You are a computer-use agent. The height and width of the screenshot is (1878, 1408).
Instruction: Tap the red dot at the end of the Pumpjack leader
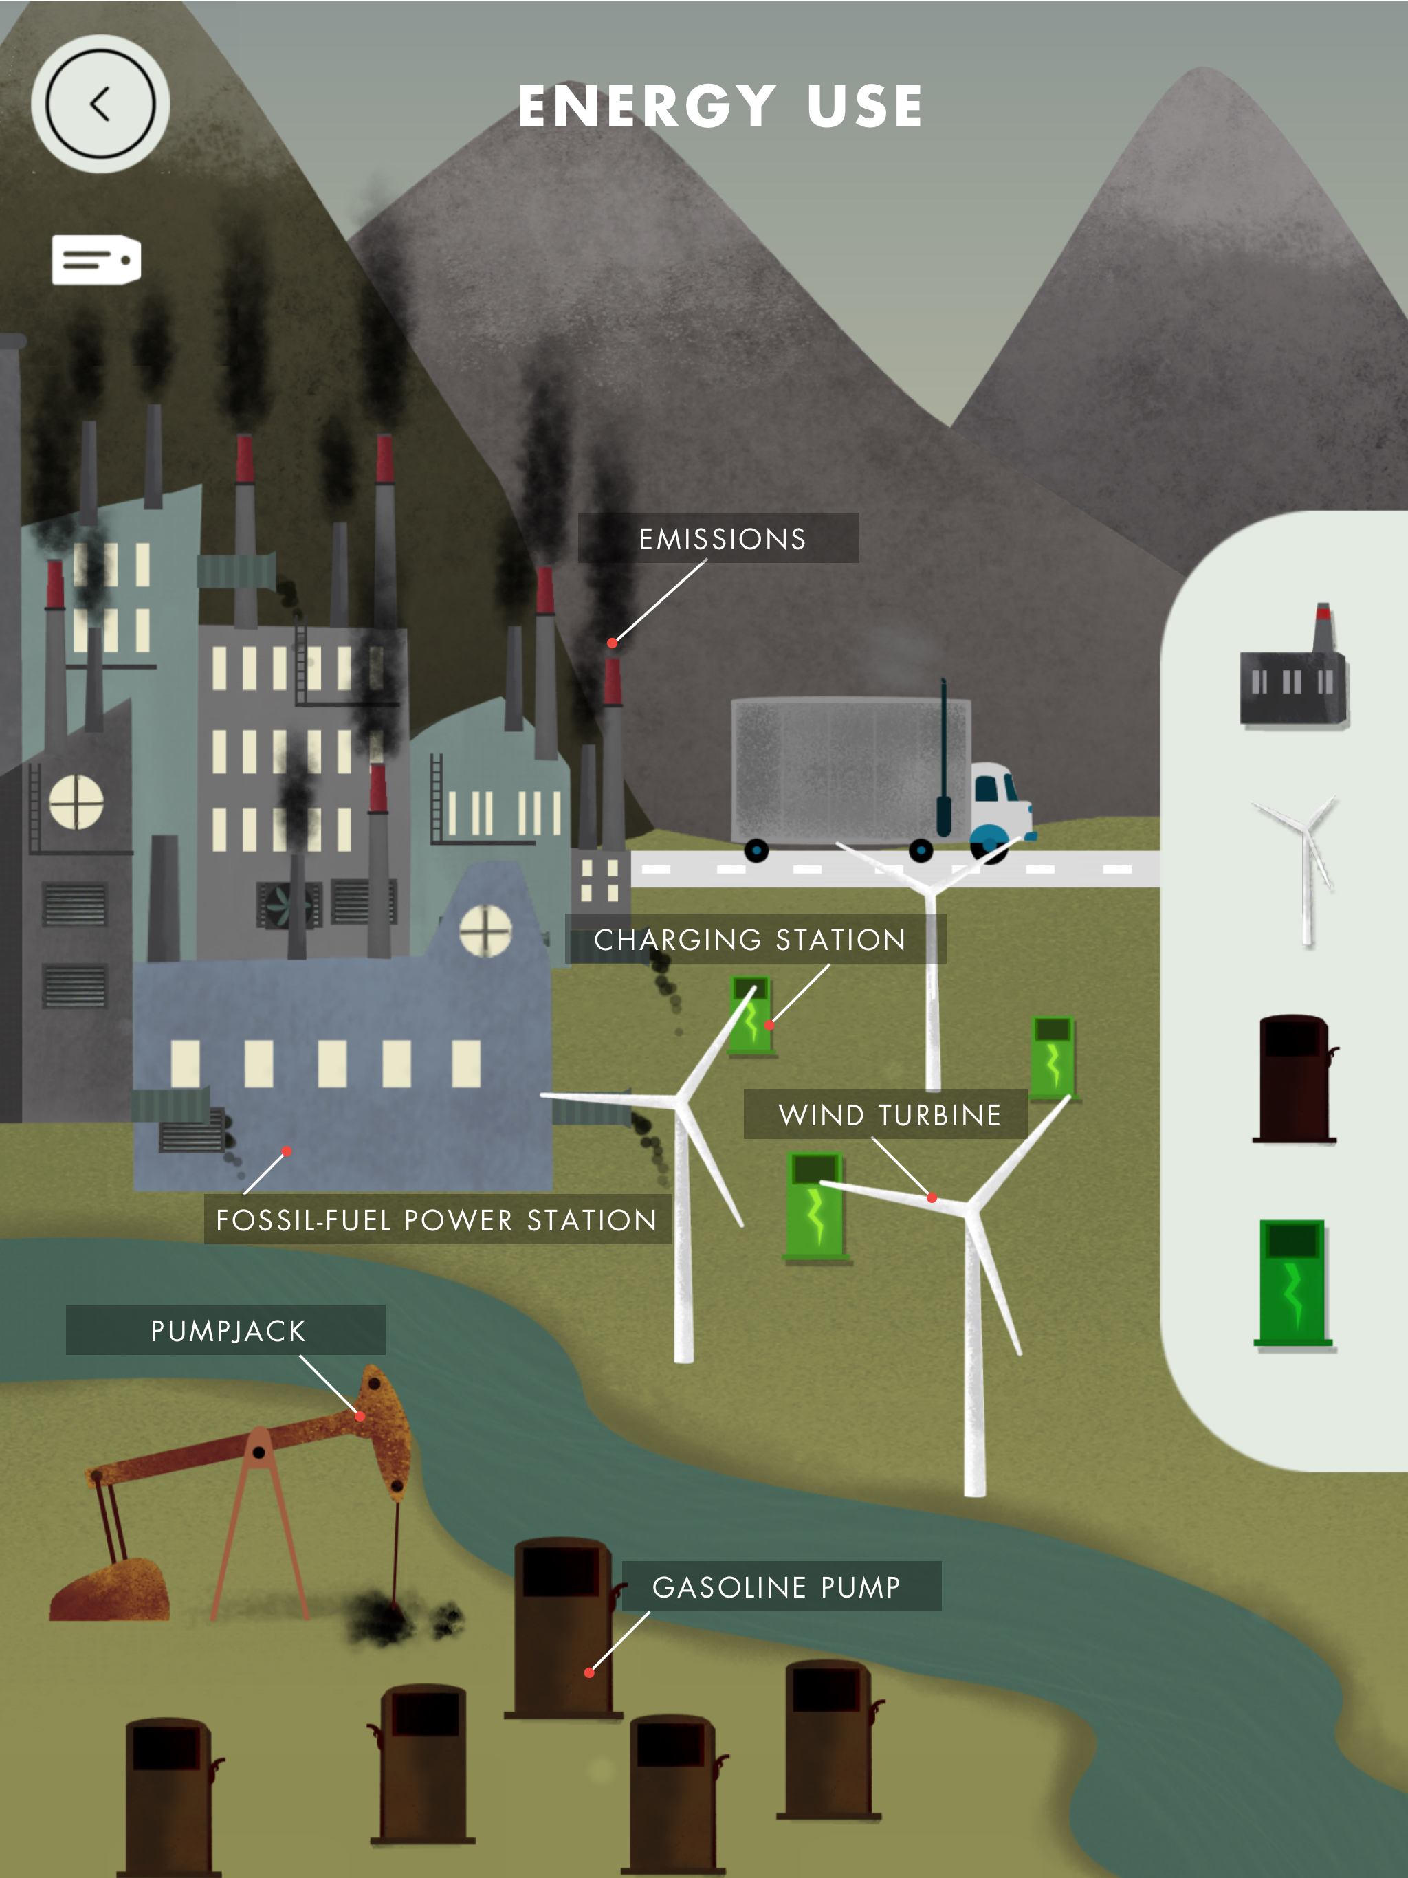pos(360,1416)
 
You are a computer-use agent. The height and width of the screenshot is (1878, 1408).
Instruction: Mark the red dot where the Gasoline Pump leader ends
pos(589,1672)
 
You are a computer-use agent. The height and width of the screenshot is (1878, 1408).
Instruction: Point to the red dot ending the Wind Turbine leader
pos(932,1198)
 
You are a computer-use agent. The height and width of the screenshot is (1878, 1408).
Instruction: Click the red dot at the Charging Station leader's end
pos(769,1026)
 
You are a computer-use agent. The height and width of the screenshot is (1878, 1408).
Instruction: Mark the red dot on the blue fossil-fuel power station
pos(287,1151)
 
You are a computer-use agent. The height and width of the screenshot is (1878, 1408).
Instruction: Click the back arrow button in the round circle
pos(100,104)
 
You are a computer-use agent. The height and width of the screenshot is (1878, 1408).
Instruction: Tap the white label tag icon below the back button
pos(96,260)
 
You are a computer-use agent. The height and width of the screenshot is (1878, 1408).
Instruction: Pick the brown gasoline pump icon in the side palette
pos(1293,1079)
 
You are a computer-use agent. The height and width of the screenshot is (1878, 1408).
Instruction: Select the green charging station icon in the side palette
pos(1293,1283)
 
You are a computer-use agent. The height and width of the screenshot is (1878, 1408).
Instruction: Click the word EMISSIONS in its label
pos(722,539)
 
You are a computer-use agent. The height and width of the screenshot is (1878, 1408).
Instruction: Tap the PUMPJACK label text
pos(228,1330)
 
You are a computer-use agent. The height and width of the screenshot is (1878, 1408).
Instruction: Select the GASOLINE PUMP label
pos(776,1587)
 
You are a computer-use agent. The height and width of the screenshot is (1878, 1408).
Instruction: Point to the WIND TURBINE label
pos(890,1115)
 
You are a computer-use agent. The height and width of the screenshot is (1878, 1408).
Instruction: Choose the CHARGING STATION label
pos(750,940)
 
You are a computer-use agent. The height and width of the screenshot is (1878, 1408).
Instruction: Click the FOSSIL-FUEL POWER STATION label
pos(437,1220)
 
